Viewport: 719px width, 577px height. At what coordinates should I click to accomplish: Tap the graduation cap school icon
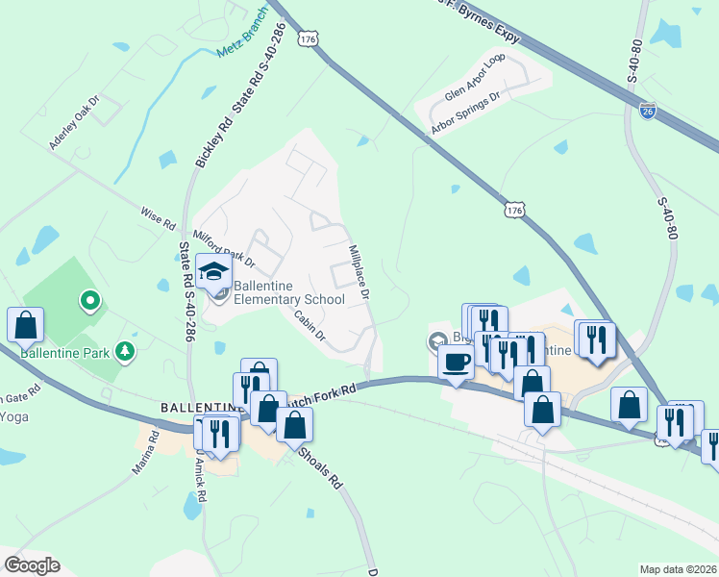(214, 273)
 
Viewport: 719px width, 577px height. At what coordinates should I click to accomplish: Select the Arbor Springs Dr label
(467, 114)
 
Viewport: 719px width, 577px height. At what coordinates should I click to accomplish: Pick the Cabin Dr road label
(310, 326)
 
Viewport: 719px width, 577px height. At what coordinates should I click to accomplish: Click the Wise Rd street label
(159, 219)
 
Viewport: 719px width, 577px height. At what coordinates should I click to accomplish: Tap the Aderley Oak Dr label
(75, 122)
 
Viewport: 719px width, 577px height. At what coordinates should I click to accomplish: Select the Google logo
(32, 565)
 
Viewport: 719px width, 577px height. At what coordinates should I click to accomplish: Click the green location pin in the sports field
(89, 302)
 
